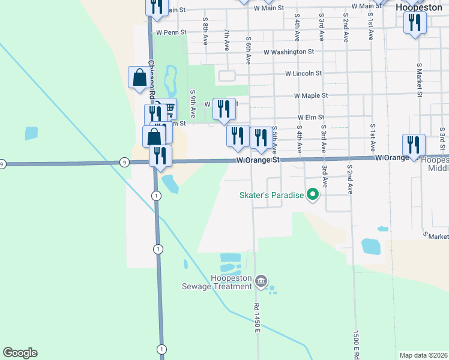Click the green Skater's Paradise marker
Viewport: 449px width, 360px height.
312,194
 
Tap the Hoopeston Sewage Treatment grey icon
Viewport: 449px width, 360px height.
261,280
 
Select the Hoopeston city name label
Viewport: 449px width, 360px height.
418,8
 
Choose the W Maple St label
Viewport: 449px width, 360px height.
311,95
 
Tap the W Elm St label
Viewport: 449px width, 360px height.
311,118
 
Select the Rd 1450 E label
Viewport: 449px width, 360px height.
256,332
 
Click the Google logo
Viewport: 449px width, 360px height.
20,353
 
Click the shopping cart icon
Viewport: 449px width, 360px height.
169,109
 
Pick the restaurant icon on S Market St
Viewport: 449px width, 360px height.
414,23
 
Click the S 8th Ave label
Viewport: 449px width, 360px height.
205,28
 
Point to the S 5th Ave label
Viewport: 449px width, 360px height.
274,137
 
